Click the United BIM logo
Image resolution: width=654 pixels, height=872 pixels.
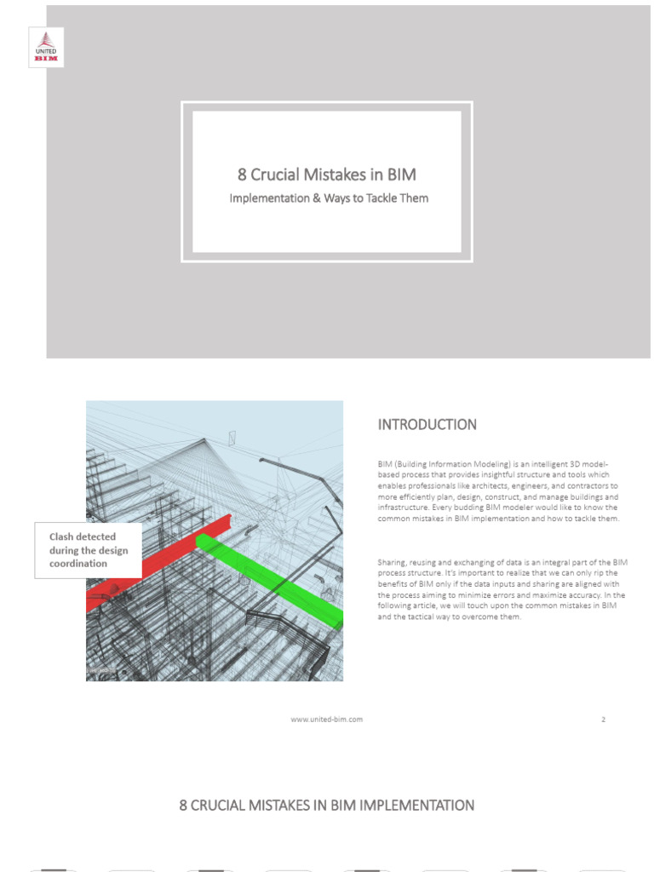pyautogui.click(x=46, y=47)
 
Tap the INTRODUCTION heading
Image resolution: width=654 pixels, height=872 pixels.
pyautogui.click(x=427, y=424)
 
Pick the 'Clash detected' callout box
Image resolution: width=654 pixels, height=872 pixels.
pyautogui.click(x=89, y=550)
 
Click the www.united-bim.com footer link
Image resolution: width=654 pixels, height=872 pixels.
pyautogui.click(x=327, y=719)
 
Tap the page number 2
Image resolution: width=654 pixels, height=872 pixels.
pyautogui.click(x=603, y=719)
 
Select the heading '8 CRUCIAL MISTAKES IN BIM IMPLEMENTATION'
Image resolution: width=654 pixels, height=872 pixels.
pyautogui.click(x=327, y=805)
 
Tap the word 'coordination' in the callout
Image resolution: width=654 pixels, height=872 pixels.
pyautogui.click(x=78, y=563)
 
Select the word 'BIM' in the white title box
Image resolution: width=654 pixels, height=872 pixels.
pyautogui.click(x=402, y=175)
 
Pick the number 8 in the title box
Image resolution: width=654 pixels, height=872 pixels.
pyautogui.click(x=242, y=175)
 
